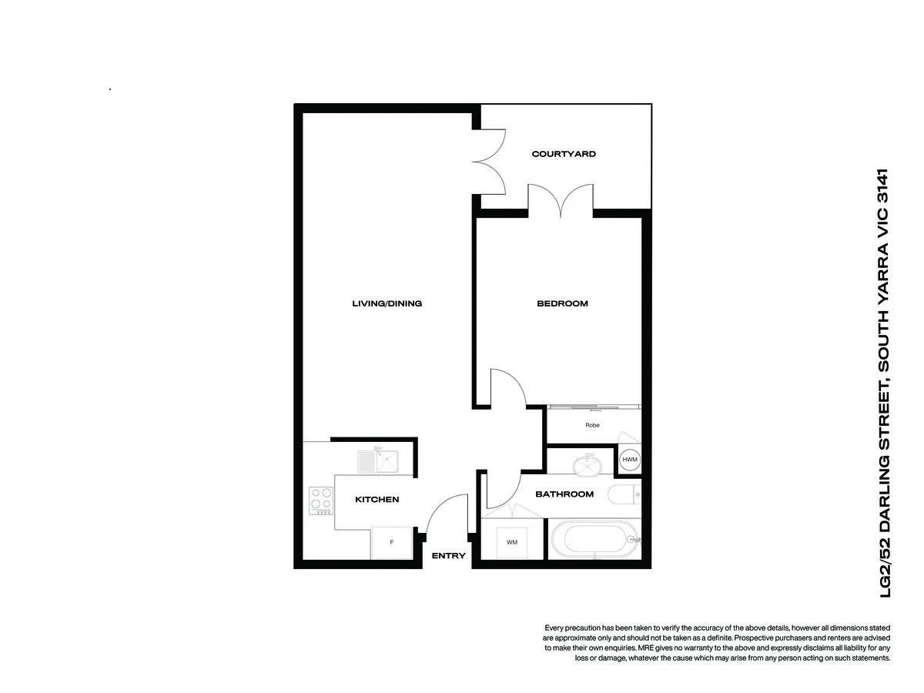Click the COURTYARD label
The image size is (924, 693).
(564, 154)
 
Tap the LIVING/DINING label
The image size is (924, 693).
(387, 303)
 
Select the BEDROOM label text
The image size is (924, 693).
(562, 303)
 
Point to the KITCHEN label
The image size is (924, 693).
(377, 500)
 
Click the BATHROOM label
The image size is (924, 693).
(564, 494)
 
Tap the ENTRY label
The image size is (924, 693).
(448, 556)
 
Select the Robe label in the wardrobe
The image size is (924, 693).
(592, 425)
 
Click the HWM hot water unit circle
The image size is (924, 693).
(630, 460)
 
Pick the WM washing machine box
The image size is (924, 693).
(512, 542)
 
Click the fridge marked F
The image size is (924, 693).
(392, 543)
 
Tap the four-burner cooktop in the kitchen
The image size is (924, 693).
(321, 500)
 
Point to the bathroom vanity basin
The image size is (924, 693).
(589, 464)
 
